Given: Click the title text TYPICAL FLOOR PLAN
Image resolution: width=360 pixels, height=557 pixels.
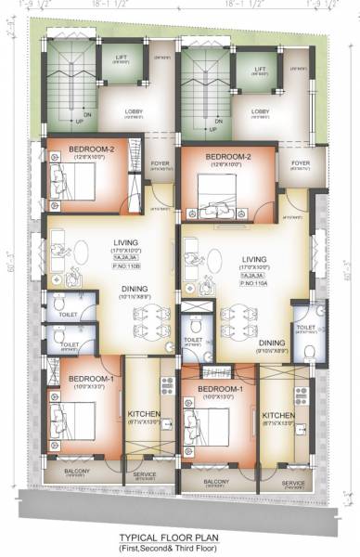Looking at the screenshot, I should coord(180,537).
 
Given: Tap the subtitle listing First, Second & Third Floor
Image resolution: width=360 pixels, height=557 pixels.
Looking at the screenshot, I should coord(180,548).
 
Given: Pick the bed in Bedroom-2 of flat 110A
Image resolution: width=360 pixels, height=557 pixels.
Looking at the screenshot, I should coord(215,197).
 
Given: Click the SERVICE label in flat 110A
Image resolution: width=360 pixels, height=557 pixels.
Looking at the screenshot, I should coord(293,483).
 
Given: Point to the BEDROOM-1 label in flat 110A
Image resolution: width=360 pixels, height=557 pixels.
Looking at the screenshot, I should coord(220,388).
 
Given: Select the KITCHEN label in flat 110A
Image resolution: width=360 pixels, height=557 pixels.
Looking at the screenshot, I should coord(278,415).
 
